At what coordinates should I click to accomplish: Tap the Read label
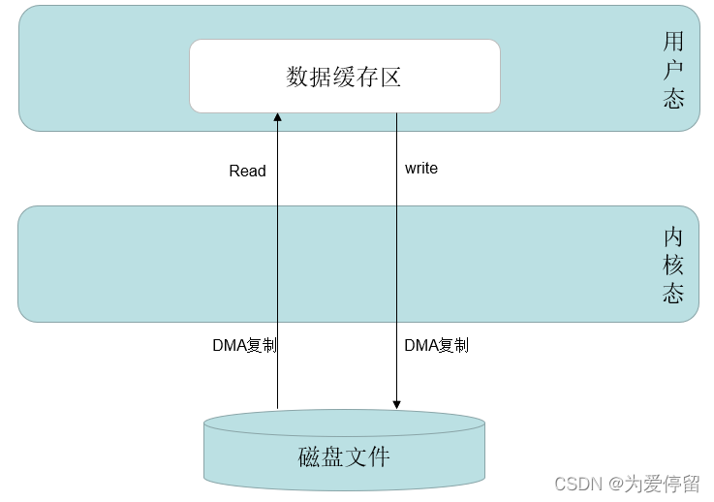(247, 171)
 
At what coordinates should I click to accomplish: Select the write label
(421, 169)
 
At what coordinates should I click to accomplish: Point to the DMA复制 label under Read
(244, 345)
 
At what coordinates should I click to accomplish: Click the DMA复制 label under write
(436, 345)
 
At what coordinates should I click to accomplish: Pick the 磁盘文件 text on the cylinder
(344, 455)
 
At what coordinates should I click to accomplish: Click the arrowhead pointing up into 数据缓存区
(277, 117)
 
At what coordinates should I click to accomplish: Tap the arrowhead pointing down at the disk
(396, 403)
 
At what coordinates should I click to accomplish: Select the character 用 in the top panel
(674, 42)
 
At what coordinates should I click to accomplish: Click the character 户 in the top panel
(674, 71)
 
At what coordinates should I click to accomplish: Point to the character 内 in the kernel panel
(674, 236)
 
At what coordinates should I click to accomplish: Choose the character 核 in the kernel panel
(674, 265)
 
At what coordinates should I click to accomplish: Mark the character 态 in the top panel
(674, 99)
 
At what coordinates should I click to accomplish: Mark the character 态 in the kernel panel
(674, 293)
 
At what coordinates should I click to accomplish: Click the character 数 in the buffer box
(297, 77)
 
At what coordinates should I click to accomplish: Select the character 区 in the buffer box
(390, 77)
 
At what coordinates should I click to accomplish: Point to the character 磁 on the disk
(309, 455)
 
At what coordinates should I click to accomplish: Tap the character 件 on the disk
(379, 455)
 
